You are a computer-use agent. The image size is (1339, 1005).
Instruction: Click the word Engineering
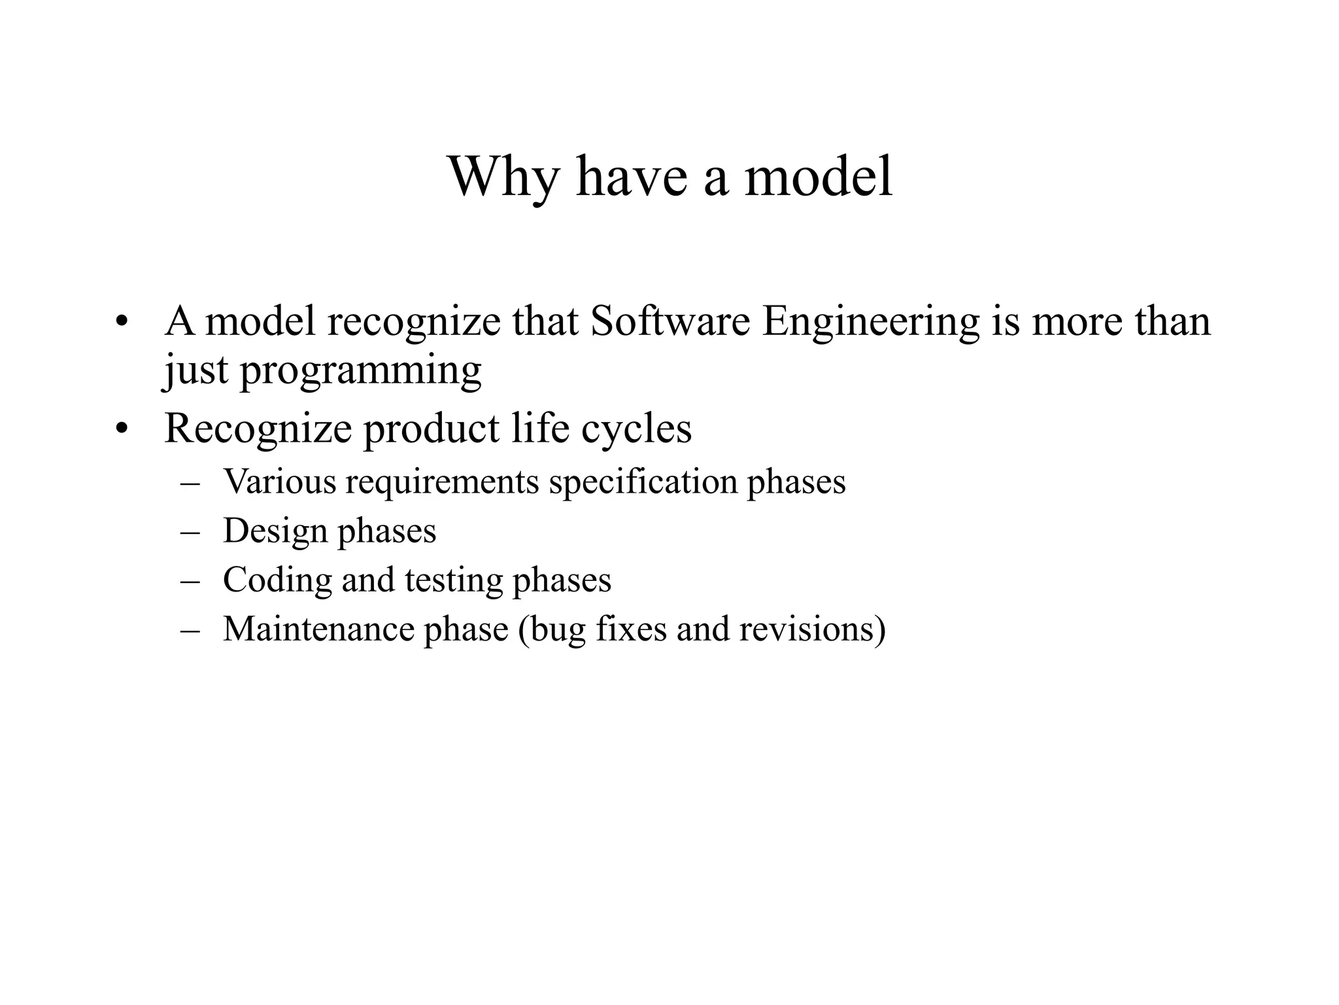click(871, 323)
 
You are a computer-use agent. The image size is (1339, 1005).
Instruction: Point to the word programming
click(360, 372)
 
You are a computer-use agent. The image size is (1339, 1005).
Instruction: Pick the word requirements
click(443, 483)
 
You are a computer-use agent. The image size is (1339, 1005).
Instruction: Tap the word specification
click(643, 483)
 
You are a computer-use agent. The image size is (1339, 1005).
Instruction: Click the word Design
click(275, 531)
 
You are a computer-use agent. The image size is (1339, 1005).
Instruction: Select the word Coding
click(277, 580)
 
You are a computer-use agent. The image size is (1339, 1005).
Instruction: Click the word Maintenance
click(319, 629)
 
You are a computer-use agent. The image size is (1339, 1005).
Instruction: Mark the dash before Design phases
click(189, 532)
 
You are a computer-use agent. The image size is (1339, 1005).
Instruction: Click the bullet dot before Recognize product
click(120, 430)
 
